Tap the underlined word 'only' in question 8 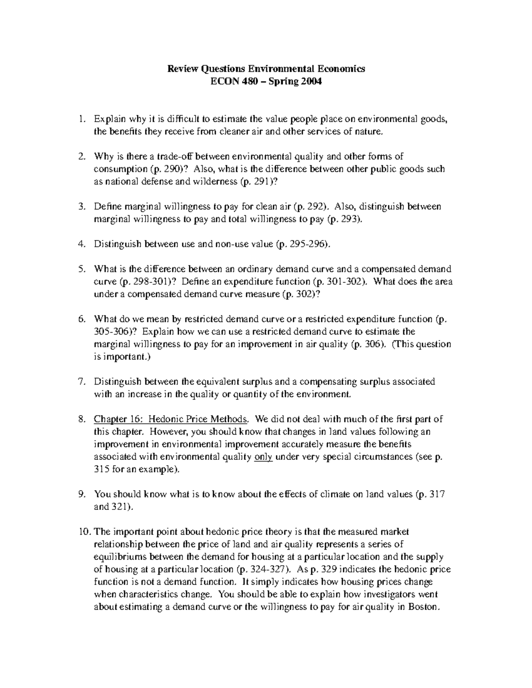263,457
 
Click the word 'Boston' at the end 425,607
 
